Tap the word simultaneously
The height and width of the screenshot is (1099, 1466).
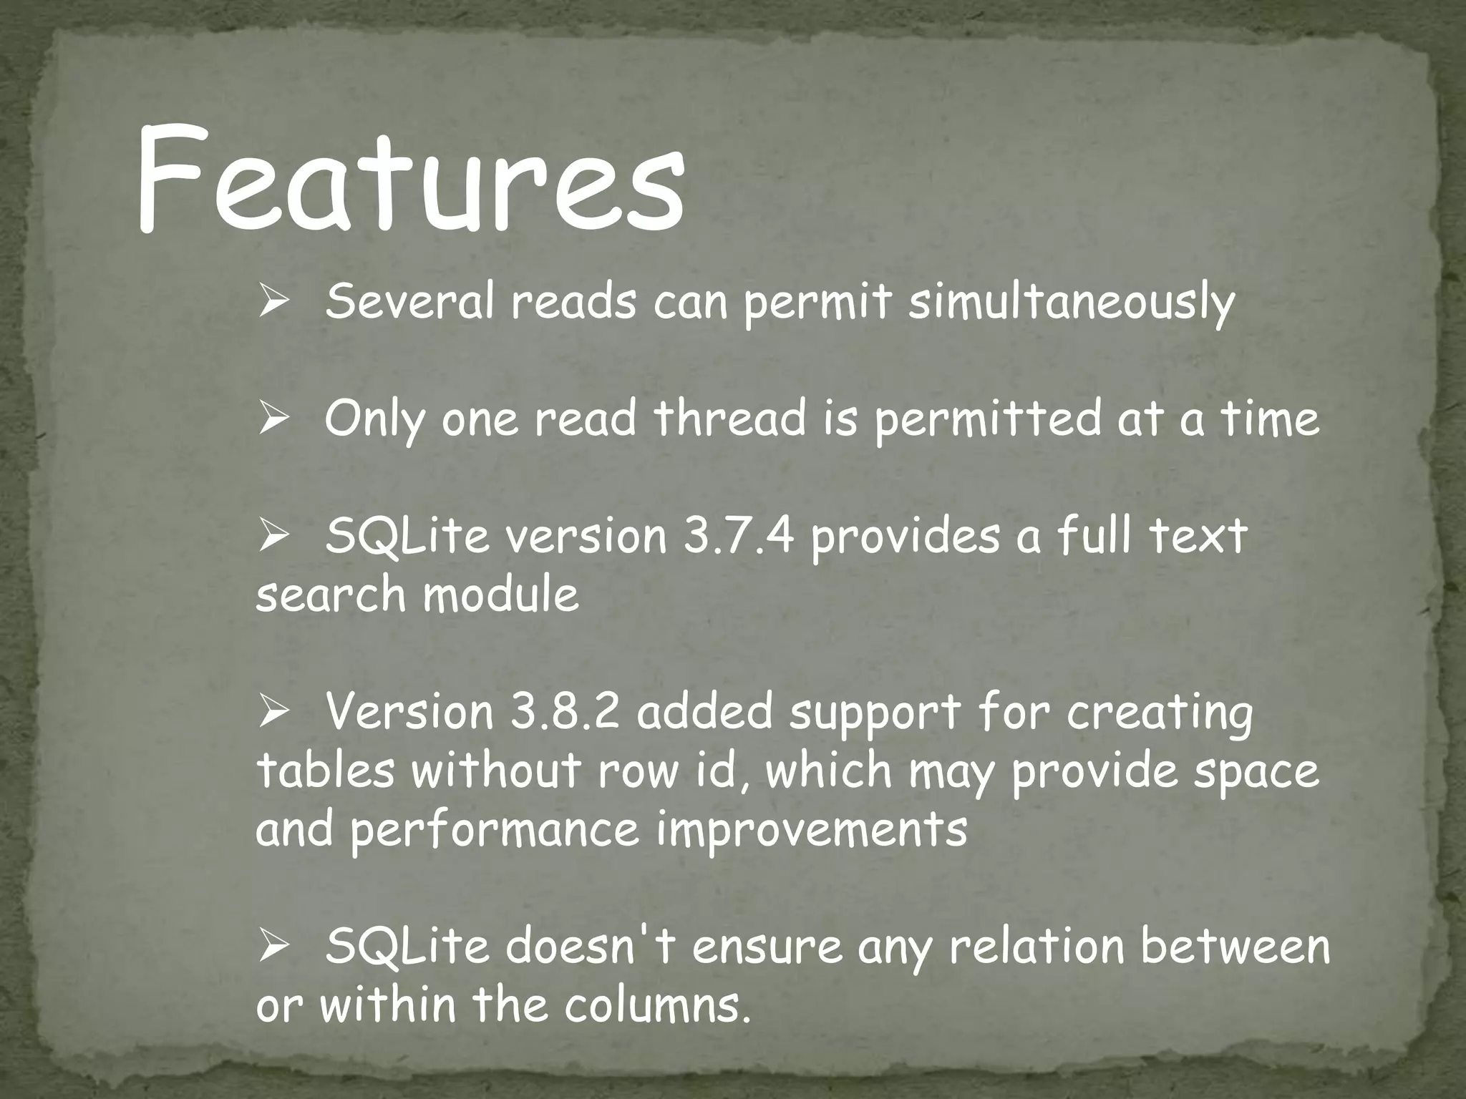click(x=1072, y=303)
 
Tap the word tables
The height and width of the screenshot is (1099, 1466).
click(x=324, y=771)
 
